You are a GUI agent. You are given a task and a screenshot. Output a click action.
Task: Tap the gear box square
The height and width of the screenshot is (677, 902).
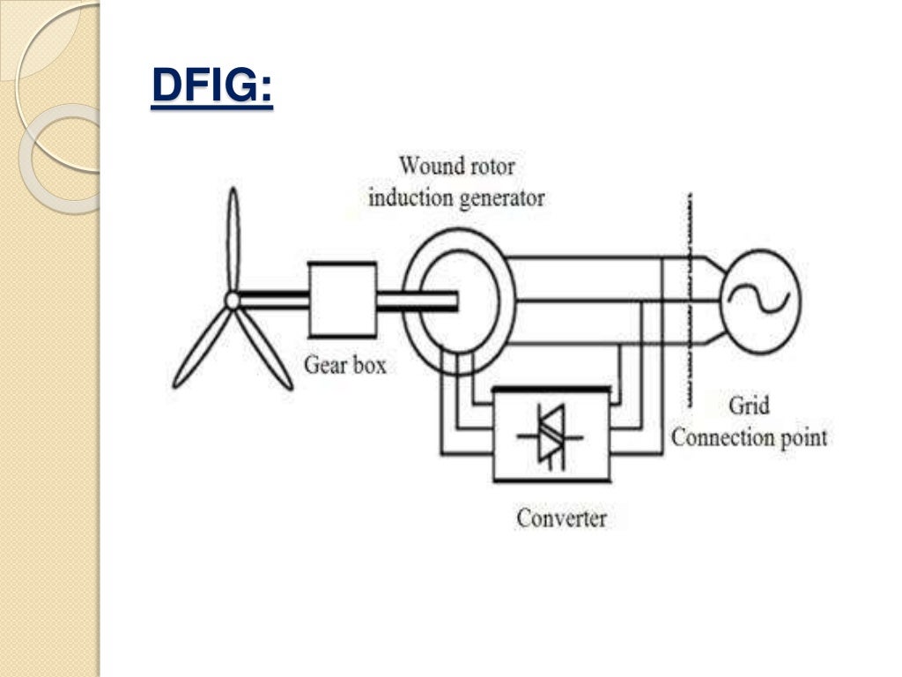pos(343,301)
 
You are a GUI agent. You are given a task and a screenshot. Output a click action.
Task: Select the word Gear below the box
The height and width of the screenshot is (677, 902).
pos(322,363)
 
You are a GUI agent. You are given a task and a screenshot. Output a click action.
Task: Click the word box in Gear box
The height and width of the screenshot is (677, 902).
pos(369,363)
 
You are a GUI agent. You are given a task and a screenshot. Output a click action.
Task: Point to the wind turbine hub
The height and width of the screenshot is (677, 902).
pos(232,301)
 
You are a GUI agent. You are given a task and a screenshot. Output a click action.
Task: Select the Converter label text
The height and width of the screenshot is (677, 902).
pos(561,517)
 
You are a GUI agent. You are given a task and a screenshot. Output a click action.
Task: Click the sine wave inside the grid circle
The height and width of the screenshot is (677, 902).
pos(759,300)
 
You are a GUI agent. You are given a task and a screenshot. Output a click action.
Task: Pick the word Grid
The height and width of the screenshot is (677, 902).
pos(748,406)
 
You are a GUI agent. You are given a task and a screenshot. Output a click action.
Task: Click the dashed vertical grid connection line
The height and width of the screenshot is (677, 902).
pos(690,300)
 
